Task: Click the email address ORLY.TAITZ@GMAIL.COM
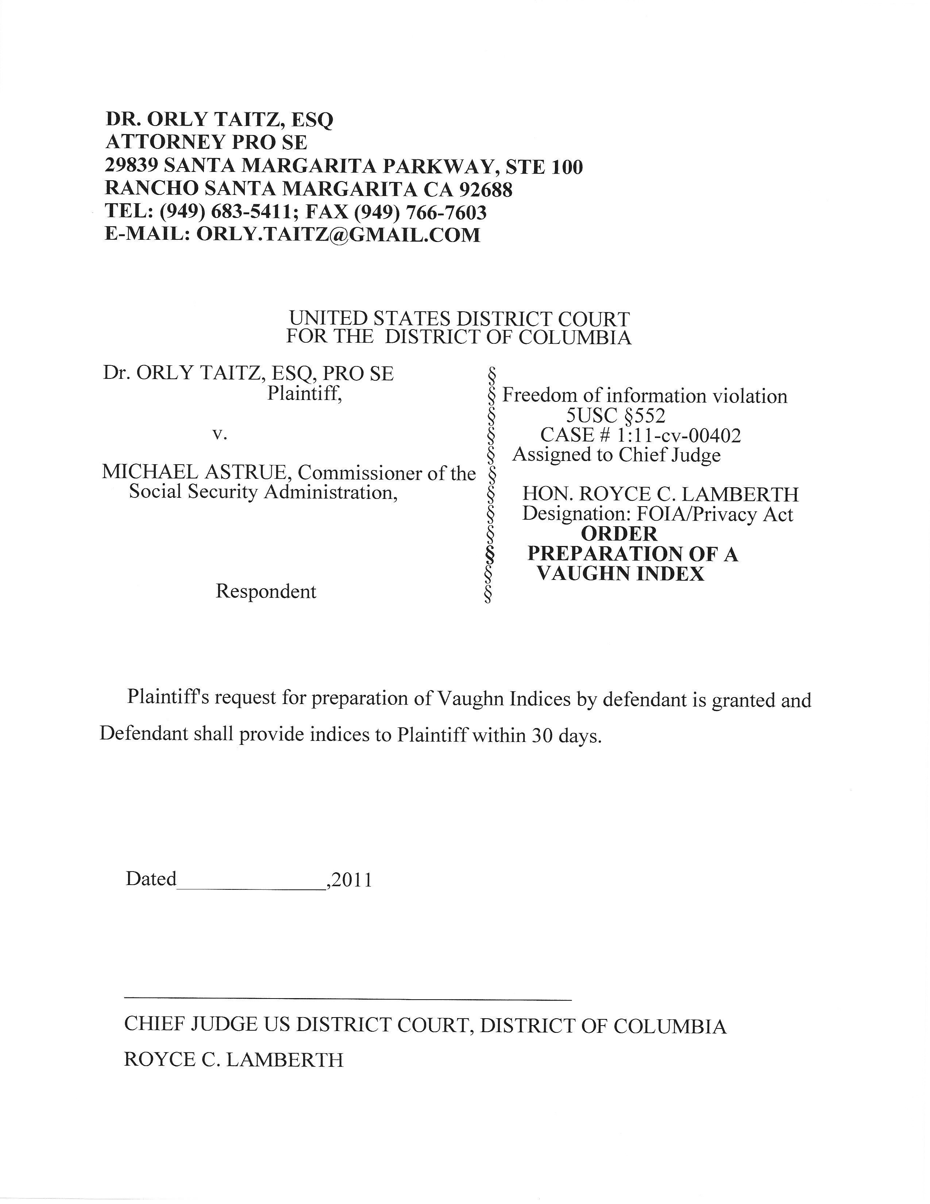pyautogui.click(x=338, y=235)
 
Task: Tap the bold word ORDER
pyautogui.click(x=619, y=534)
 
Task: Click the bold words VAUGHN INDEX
pyautogui.click(x=620, y=574)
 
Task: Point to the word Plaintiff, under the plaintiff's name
pyautogui.click(x=304, y=394)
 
